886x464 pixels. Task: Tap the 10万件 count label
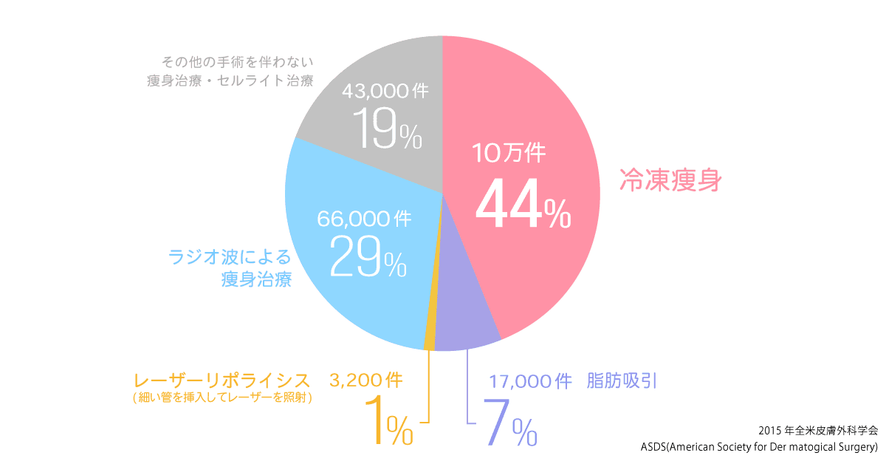point(509,154)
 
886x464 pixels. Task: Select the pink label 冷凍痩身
point(669,180)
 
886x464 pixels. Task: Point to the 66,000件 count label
point(364,219)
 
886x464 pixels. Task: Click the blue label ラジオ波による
point(230,257)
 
